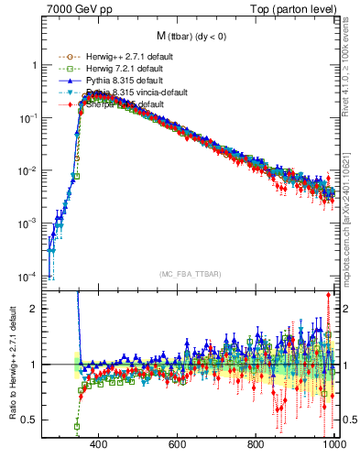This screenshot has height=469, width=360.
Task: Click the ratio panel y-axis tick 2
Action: pyautogui.click(x=34, y=309)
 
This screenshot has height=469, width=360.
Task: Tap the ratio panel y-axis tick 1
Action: pyautogui.click(x=34, y=365)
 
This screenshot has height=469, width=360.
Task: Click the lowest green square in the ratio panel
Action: pyautogui.click(x=77, y=426)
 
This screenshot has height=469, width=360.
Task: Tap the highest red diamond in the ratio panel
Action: pyautogui.click(x=328, y=295)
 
